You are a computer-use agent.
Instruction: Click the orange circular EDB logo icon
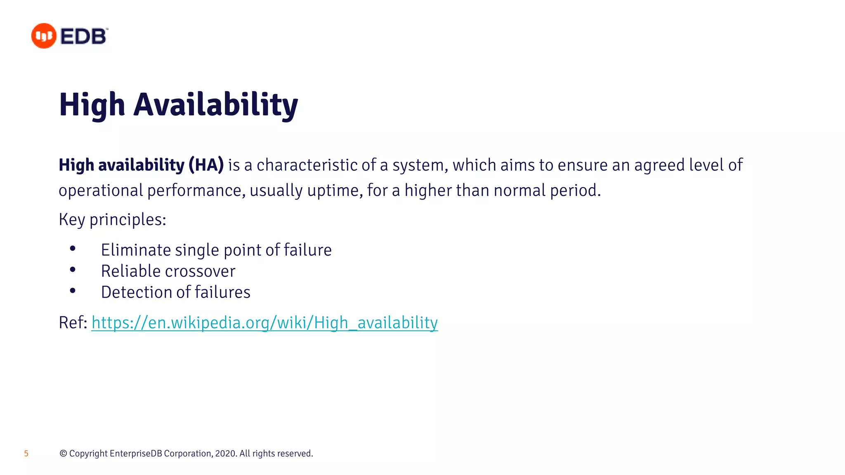tap(43, 36)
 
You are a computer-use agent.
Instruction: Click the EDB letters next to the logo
tap(84, 36)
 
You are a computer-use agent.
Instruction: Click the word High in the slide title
tap(92, 105)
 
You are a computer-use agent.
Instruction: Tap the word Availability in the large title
tap(215, 105)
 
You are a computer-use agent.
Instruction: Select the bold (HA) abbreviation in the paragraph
tap(206, 165)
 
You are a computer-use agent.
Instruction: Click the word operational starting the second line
tap(101, 190)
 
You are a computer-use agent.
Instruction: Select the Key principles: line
tap(112, 219)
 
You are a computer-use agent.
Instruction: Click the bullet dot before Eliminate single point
tap(73, 249)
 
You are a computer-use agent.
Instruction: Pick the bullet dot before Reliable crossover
tap(73, 270)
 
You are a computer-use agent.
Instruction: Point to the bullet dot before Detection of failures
tap(73, 291)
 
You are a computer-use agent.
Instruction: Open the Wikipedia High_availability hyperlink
tap(264, 322)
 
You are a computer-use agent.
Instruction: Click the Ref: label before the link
tap(73, 322)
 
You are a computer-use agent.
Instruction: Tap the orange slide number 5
tap(26, 454)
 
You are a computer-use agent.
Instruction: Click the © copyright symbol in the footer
tap(63, 454)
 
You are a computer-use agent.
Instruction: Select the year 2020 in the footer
tap(225, 454)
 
